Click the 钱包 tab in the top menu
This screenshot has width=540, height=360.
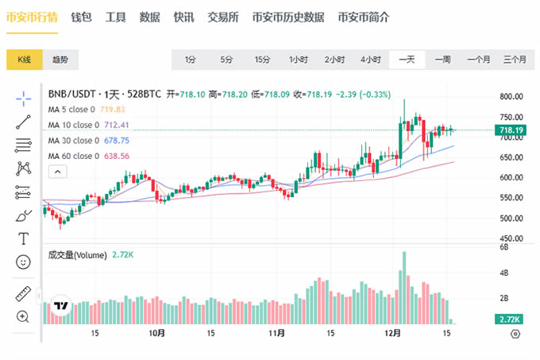(x=81, y=17)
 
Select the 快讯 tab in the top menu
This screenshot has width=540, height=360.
(x=183, y=17)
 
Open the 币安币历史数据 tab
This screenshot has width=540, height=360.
(x=287, y=17)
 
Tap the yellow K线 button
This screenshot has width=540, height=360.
(x=25, y=60)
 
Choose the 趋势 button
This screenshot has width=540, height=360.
(x=60, y=60)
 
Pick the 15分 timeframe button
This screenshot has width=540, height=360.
(x=262, y=60)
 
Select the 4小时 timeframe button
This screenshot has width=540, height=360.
(x=370, y=60)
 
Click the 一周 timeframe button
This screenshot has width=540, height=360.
(x=443, y=60)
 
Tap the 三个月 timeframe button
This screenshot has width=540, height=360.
(x=515, y=60)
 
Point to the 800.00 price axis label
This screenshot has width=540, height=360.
(x=511, y=96)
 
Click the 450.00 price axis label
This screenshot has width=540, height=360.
(x=511, y=238)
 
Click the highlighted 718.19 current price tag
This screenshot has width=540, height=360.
(x=511, y=130)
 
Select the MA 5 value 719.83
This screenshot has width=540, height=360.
(x=114, y=109)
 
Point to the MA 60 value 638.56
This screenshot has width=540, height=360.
(x=117, y=156)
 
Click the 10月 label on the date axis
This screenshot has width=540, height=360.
(x=156, y=334)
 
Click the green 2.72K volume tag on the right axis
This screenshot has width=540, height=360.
(x=510, y=319)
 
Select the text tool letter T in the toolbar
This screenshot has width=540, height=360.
(x=24, y=238)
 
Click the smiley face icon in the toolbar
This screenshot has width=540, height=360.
(x=24, y=261)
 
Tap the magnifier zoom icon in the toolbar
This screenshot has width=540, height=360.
(x=24, y=316)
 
